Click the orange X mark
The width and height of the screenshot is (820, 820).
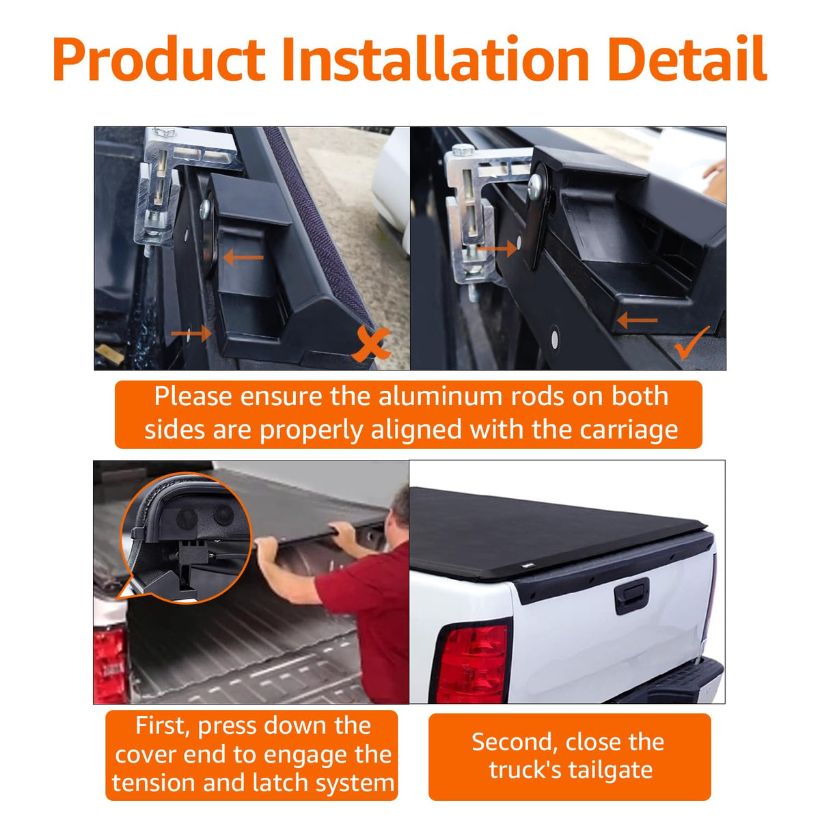[x=370, y=344]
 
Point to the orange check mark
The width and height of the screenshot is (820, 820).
[x=691, y=343]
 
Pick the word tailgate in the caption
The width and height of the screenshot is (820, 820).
[x=606, y=771]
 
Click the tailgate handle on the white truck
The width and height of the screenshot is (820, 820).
[x=631, y=596]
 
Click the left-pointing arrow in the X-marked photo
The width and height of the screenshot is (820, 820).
[x=243, y=257]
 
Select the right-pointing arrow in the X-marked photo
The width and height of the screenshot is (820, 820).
[x=191, y=333]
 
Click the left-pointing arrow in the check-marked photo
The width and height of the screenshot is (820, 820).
[x=637, y=319]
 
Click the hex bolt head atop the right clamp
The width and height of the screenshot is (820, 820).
[x=463, y=149]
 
